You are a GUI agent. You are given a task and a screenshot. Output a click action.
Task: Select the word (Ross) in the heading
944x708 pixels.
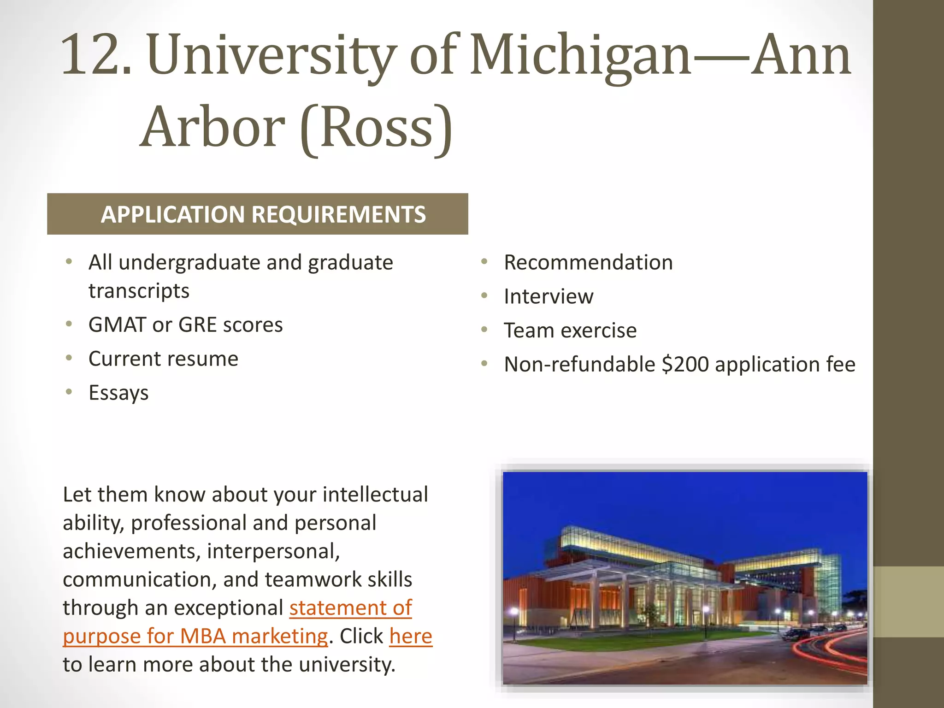[376, 128]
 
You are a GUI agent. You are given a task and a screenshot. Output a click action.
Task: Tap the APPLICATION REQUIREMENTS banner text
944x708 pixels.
[263, 214]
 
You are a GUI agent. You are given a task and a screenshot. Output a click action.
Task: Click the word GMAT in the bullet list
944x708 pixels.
[117, 324]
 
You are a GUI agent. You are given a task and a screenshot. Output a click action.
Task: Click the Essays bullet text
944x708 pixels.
[118, 393]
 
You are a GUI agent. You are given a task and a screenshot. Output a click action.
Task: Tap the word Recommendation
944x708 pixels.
[588, 262]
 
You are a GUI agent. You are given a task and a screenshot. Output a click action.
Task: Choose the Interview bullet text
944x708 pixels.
[549, 296]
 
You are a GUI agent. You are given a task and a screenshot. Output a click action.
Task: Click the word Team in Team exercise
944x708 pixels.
[528, 330]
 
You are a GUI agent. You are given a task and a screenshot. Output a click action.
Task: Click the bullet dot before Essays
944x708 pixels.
[69, 392]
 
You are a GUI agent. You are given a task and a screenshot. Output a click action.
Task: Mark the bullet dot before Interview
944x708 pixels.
[484, 295]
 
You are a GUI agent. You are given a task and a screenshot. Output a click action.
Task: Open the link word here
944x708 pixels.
[411, 637]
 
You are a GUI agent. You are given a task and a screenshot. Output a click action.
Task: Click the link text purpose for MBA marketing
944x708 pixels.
[195, 637]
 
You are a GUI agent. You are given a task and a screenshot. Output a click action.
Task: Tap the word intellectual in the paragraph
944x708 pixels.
[375, 495]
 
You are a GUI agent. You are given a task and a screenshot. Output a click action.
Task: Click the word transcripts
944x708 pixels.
[139, 291]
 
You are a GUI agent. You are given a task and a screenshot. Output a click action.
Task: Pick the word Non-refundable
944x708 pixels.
[579, 364]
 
